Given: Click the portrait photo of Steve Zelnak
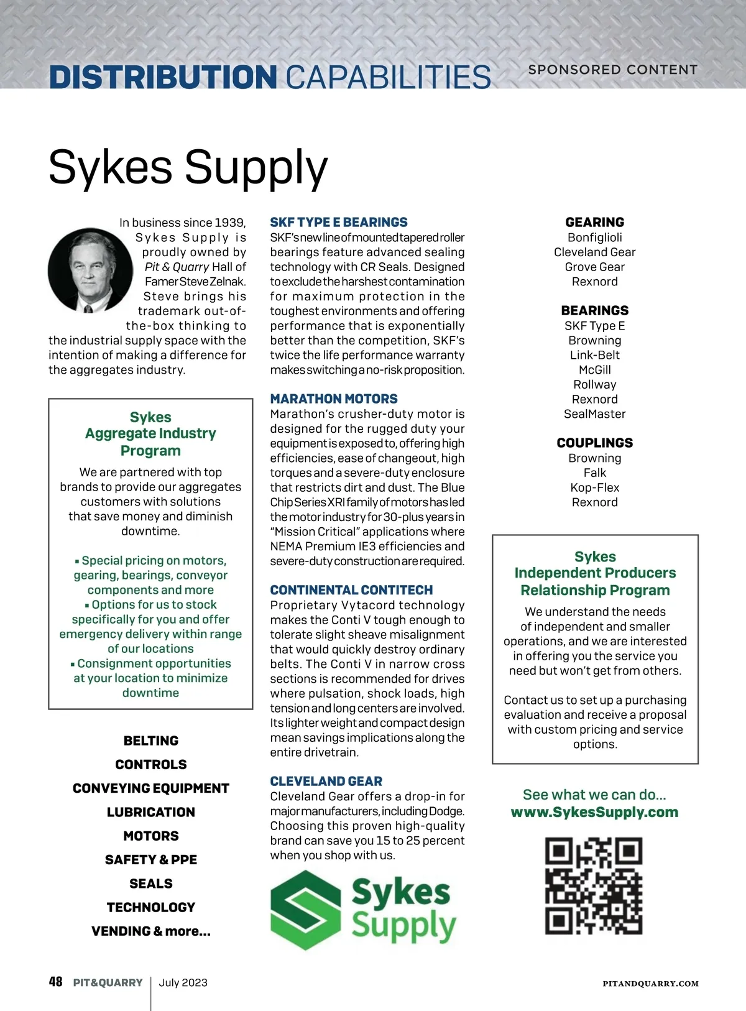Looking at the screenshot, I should coord(91,270).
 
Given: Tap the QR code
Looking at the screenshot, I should coord(594,885).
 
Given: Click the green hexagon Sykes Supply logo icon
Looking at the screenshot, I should coord(305,910).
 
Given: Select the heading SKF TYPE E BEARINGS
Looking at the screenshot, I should coord(339,222).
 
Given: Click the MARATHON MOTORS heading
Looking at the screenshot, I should coord(334,399).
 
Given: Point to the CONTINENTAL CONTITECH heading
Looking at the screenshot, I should coord(351,590).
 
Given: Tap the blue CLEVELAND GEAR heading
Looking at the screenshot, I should coord(326,781).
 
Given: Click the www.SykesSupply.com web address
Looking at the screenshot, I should coord(594,812).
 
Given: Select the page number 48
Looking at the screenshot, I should coord(55,982).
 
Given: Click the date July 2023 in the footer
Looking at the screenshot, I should coord(183,982).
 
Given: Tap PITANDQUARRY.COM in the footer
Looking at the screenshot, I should coord(651,984).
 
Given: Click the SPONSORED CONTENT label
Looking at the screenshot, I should coord(613,70).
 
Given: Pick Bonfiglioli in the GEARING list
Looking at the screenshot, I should coord(595,238).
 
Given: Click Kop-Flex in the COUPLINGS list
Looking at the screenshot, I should coord(595,487).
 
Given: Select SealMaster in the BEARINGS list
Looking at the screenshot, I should coord(595,414).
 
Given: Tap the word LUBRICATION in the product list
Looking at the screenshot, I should coord(151,812).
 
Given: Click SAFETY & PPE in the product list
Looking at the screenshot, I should coord(151,860).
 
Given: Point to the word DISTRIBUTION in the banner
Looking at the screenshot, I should coord(163,77).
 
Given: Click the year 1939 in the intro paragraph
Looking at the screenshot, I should coord(230,223).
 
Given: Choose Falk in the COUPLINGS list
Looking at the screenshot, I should coord(595,473).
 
